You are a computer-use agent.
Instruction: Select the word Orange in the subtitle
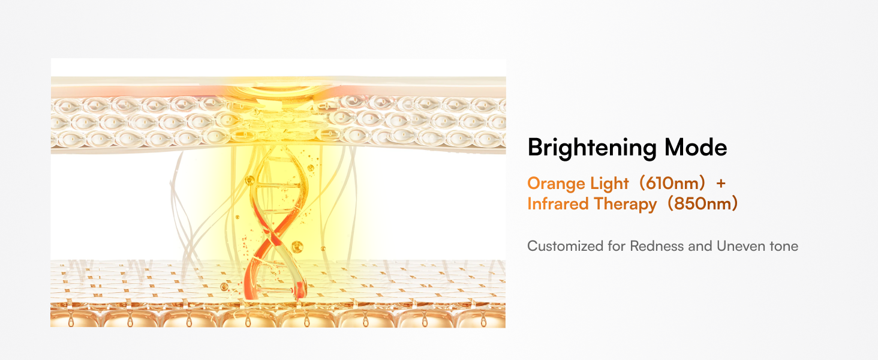pos(552,184)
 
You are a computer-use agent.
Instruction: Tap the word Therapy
pos(625,205)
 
